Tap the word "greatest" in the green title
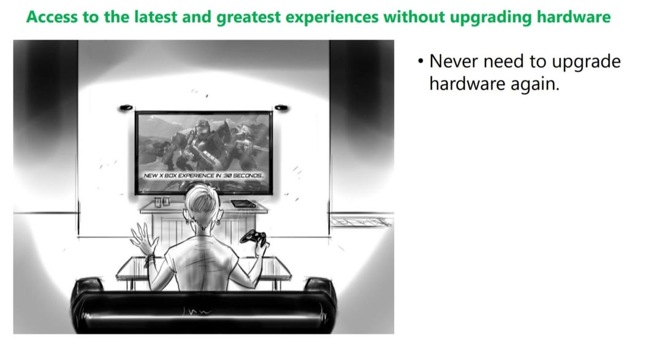pos(248,18)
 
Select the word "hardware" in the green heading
pos(574,17)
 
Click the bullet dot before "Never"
pos(420,61)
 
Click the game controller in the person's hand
pos(253,237)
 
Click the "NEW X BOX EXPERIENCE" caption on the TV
pos(204,175)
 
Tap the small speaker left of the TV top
pos(126,108)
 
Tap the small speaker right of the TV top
pos(281,108)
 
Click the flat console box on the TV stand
pos(243,204)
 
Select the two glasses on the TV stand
pos(162,202)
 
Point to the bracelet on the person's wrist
pos(149,259)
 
